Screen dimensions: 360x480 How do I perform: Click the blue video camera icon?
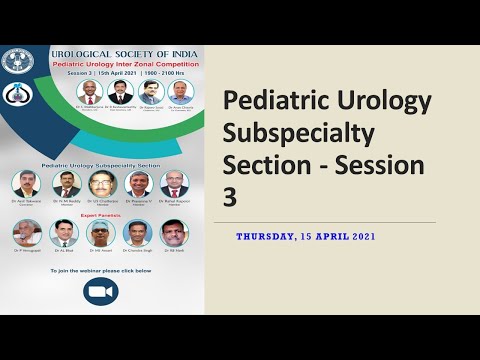(x=101, y=293)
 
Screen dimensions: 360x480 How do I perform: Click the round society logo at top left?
(x=17, y=62)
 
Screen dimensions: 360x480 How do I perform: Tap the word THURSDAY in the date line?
(x=268, y=236)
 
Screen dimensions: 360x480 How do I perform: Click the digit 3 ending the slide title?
(x=230, y=196)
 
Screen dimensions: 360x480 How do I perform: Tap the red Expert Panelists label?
(x=101, y=214)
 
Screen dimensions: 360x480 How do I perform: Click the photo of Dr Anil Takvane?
(x=26, y=184)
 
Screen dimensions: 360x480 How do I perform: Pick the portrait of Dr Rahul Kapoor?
(x=174, y=184)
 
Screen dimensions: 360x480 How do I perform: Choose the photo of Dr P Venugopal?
(x=26, y=232)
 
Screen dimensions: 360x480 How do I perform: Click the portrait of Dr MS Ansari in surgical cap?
(x=101, y=232)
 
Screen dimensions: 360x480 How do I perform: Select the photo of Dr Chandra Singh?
(x=137, y=232)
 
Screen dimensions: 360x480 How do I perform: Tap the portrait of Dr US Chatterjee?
(x=101, y=184)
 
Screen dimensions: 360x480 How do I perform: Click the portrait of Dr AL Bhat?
(x=64, y=232)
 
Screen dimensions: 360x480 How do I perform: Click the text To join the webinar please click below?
(x=101, y=270)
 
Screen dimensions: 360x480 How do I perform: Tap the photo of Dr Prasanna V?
(x=138, y=184)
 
